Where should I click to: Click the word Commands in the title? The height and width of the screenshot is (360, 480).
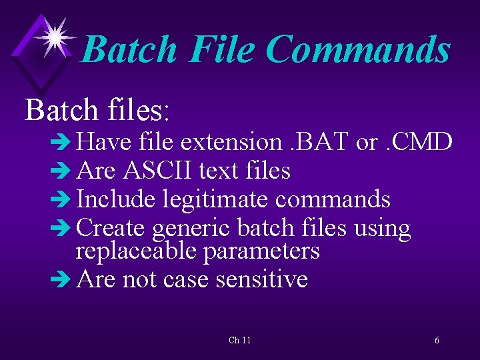pos(358,50)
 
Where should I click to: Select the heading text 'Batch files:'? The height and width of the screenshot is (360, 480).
pos(98,110)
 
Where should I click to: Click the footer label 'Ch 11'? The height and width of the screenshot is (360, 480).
pos(239,341)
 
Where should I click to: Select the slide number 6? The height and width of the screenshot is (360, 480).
pos(437,341)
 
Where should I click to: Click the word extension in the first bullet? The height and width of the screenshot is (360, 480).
pos(231,142)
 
